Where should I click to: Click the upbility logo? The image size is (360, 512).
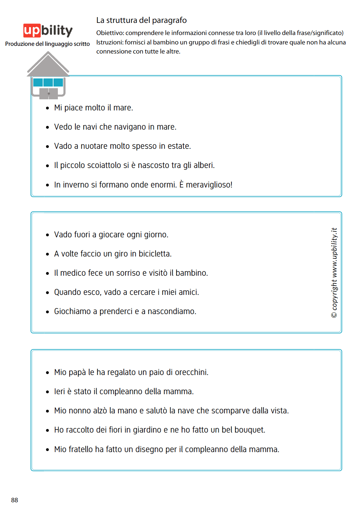click(x=48, y=30)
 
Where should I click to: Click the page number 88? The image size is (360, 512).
click(x=14, y=500)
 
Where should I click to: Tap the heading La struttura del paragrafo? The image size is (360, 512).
click(x=141, y=20)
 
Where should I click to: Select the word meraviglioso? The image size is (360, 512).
click(x=208, y=185)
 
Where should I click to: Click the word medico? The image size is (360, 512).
click(x=73, y=273)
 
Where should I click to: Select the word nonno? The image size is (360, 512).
click(x=80, y=411)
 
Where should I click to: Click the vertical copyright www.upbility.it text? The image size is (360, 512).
click(x=334, y=273)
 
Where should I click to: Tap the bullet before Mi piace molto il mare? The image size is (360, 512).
click(x=47, y=108)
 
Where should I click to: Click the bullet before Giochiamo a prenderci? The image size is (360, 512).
click(x=47, y=312)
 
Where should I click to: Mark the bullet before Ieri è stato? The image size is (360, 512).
click(x=47, y=392)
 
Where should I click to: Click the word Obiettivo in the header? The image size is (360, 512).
click(x=110, y=33)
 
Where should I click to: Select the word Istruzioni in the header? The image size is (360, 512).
click(x=110, y=42)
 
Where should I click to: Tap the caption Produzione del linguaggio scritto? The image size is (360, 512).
click(x=47, y=44)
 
